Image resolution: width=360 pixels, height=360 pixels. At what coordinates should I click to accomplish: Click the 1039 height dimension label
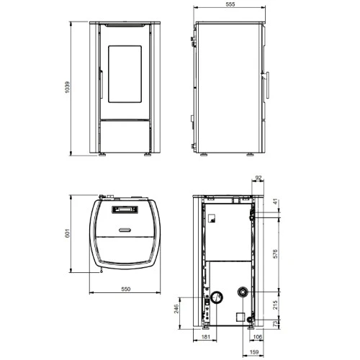click(68, 87)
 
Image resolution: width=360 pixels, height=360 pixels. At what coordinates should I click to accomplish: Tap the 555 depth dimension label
click(230, 4)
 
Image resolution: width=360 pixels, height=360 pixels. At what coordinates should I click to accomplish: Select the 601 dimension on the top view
click(68, 233)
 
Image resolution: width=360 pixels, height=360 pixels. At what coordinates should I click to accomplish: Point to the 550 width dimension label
click(126, 289)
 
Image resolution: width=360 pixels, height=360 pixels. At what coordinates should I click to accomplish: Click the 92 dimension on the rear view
click(258, 178)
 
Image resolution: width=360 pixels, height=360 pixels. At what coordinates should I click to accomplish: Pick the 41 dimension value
click(275, 202)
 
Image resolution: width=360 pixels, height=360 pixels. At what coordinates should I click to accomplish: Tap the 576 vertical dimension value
click(275, 253)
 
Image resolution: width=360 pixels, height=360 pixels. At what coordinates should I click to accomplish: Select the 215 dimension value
click(275, 305)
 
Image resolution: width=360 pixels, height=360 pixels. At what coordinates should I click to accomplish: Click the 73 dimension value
click(275, 323)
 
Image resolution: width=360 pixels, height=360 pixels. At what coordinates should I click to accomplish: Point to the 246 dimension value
click(176, 309)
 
